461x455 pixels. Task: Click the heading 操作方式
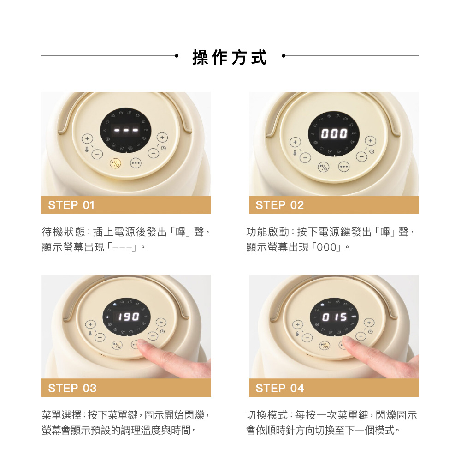click(230, 57)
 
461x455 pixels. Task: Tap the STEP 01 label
click(71, 205)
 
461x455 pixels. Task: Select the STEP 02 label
click(279, 205)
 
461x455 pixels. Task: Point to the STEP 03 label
click(72, 388)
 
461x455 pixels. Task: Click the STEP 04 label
click(280, 388)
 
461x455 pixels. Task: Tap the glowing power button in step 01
click(115, 163)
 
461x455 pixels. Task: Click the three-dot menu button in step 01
click(136, 163)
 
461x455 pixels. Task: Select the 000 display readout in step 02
click(334, 134)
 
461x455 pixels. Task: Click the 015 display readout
click(335, 317)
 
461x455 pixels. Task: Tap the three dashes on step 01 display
click(126, 130)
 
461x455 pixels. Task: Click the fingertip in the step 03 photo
click(143, 345)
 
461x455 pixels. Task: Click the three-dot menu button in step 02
click(344, 167)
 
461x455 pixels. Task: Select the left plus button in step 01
click(87, 138)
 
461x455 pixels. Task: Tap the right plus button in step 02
click(371, 141)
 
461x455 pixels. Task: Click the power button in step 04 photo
click(325, 346)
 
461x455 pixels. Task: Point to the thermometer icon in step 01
click(87, 150)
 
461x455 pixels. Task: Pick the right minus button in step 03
click(153, 335)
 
